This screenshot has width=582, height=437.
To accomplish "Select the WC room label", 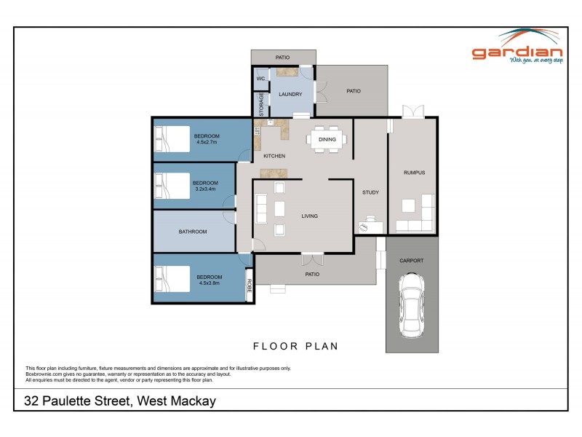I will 260,78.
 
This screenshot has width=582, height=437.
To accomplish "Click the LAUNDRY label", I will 290,95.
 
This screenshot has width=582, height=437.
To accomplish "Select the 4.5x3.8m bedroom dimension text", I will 209,284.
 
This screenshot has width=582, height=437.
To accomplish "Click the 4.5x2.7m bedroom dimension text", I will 209,143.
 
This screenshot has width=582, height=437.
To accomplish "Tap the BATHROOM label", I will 193,232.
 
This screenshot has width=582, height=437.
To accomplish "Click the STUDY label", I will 370,192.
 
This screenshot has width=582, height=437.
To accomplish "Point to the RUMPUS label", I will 414,173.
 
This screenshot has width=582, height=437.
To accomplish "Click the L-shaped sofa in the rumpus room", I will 420,217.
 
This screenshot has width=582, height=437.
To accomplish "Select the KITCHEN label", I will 274,156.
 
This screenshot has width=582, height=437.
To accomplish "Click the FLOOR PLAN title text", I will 295,346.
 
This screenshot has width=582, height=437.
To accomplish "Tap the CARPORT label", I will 411,260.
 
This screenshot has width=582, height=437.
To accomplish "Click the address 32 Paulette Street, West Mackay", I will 120,401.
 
